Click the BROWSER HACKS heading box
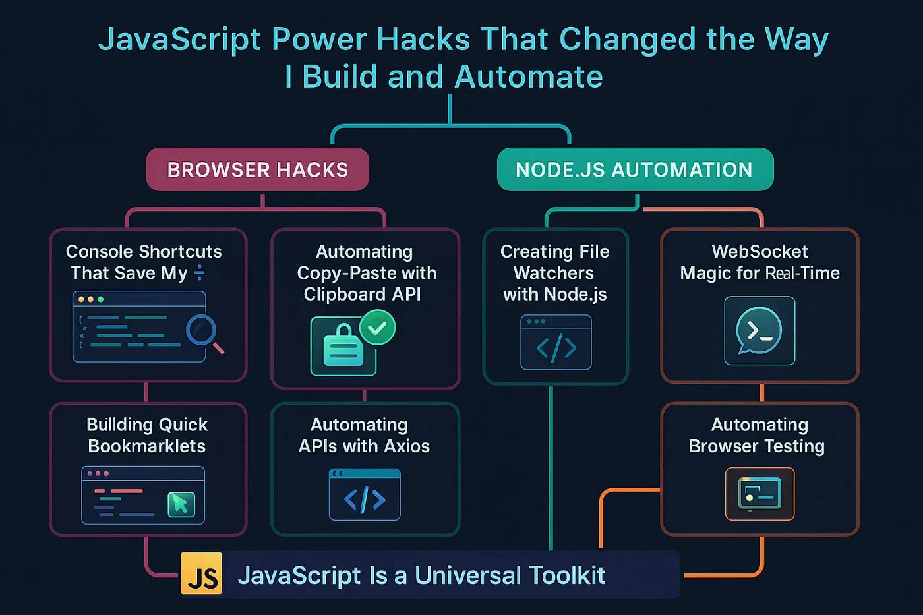tap(257, 169)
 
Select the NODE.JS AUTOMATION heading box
tap(634, 169)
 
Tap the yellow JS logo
tap(202, 575)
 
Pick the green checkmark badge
tap(377, 327)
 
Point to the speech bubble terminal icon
tap(759, 331)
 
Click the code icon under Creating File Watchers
tap(556, 342)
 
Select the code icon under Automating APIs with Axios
tap(365, 495)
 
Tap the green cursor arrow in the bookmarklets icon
tap(180, 504)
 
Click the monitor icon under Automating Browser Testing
tap(759, 494)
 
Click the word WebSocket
tap(759, 252)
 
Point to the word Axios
tap(407, 446)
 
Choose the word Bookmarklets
tap(146, 446)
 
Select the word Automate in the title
tap(528, 76)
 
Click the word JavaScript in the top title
tap(179, 40)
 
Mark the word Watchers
tap(554, 273)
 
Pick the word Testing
tap(794, 446)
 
